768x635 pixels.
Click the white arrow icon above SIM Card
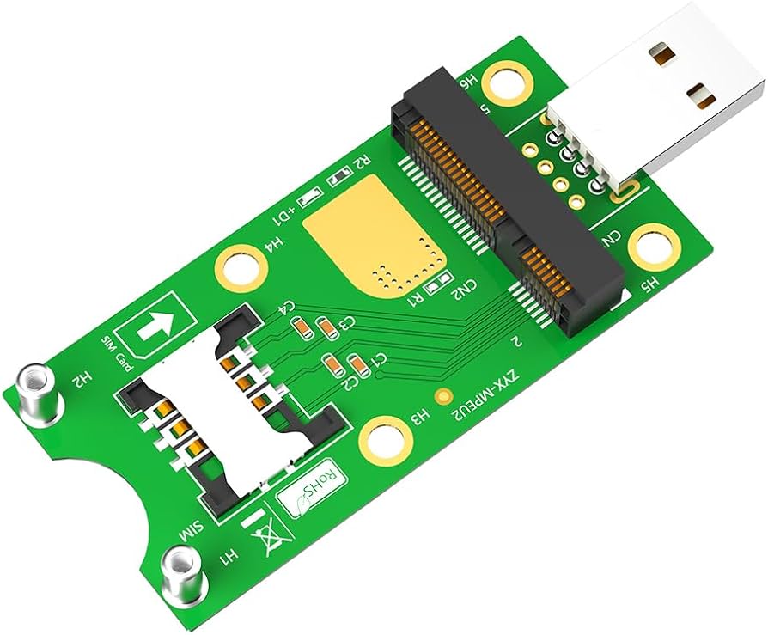point(160,326)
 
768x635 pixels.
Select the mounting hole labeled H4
point(240,267)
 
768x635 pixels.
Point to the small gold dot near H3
point(443,397)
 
